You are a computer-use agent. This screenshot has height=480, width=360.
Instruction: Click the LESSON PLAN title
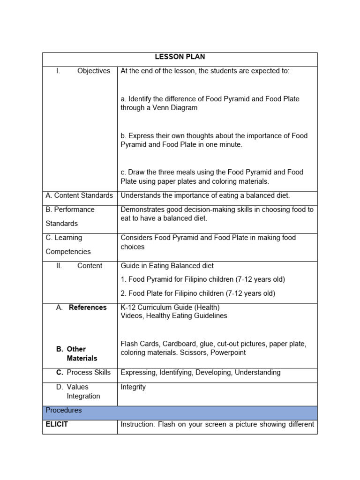180,57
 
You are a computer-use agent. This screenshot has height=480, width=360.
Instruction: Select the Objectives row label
93,71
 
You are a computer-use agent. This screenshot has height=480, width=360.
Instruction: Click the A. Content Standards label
79,195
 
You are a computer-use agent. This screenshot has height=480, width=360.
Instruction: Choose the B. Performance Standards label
70,216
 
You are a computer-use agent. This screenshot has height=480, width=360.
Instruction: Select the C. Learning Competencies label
68,244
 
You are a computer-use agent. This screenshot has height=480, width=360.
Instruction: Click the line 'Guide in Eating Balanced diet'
167,266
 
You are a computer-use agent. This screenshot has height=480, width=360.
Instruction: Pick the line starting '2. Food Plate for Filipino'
198,293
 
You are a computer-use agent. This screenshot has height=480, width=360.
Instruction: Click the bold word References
88,307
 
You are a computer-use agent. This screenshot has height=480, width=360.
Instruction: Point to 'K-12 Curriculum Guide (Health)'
170,307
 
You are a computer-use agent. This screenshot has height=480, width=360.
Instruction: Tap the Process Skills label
89,373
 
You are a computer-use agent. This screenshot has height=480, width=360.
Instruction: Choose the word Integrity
133,387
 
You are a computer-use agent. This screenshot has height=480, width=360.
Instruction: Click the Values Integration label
83,391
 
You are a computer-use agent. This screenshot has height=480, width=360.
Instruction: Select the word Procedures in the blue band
64,410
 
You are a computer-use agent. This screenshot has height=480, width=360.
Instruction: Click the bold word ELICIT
57,425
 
